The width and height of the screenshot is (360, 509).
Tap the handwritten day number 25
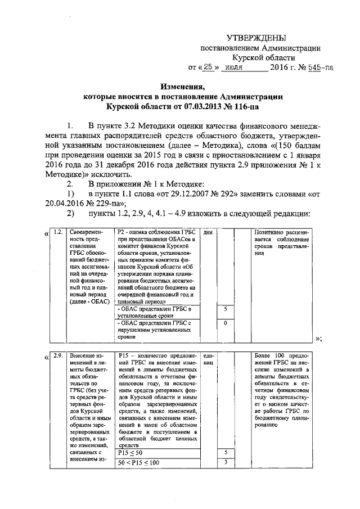point(208,67)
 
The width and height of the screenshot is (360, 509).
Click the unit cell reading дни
point(208,232)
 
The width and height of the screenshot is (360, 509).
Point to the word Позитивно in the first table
point(271,232)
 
